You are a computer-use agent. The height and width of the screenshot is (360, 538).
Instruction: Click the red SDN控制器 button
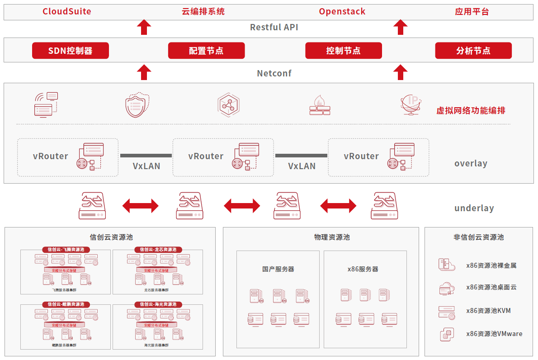70,51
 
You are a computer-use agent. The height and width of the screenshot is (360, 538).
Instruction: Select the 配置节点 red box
206,51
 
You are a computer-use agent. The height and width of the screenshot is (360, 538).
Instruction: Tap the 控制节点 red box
344,51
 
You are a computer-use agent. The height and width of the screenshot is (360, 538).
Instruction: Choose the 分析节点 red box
473,51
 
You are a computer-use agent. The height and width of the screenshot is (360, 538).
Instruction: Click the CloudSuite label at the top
67,12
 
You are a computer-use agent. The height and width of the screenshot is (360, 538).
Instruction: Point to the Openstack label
342,12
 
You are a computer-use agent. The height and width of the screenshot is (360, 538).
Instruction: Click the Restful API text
274,27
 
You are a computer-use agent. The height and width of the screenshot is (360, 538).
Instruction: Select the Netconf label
274,73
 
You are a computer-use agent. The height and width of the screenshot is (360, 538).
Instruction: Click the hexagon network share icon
228,104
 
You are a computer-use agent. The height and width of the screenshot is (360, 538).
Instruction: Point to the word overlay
471,164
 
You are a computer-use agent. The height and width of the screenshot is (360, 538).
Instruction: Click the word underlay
474,208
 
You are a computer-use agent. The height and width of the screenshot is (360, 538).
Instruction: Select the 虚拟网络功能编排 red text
471,111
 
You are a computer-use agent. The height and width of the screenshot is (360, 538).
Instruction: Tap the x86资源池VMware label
494,334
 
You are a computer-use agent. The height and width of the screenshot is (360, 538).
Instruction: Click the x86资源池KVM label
488,311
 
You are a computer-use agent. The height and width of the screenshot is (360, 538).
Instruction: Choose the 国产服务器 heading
278,269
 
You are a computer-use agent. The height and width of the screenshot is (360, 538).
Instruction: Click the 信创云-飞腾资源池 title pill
66,250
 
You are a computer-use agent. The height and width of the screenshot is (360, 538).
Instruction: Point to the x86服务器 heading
363,269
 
